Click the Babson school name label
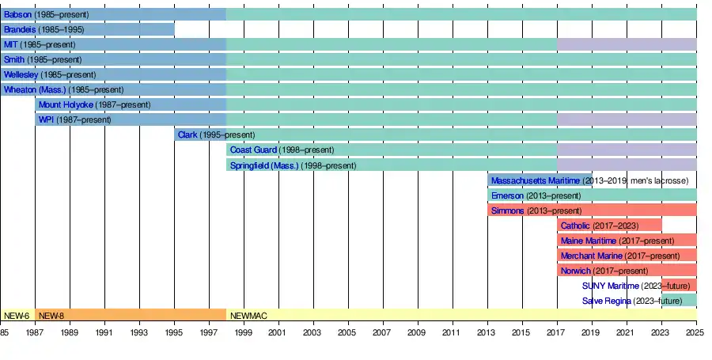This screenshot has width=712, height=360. tap(17, 14)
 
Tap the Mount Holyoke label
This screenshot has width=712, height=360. tap(66, 104)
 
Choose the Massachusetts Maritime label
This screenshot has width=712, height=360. tap(535, 180)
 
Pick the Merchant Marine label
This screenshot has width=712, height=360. tap(592, 256)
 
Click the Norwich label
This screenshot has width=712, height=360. tap(575, 271)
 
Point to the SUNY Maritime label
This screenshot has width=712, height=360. tap(610, 286)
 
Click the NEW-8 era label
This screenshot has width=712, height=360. tap(51, 315)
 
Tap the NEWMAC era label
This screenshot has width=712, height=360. tap(248, 315)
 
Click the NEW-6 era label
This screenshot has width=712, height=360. tap(17, 315)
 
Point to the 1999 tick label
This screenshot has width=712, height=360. tap(244, 332)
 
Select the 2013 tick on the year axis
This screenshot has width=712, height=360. tap(487, 332)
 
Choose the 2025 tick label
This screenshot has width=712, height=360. tap(695, 332)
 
